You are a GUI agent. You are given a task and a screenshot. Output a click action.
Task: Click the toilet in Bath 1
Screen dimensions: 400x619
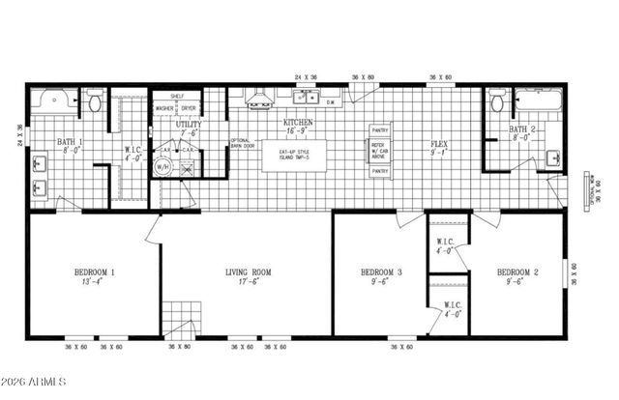[95, 101]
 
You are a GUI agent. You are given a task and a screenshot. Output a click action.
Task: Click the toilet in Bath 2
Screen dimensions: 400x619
[497, 101]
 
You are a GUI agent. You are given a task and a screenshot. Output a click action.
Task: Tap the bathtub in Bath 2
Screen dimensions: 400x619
[536, 100]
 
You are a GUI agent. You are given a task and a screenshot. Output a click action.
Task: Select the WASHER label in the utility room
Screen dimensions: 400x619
[164, 108]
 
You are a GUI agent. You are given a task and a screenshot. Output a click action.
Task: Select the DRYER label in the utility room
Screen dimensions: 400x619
[188, 108]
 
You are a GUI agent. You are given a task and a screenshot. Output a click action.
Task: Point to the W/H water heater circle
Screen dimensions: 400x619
[162, 167]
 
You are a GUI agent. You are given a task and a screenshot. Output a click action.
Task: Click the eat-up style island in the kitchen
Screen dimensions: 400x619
[293, 156]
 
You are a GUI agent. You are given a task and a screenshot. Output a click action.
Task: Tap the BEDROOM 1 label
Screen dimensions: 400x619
[95, 272]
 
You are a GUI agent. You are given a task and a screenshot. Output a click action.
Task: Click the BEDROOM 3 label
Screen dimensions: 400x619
[381, 272]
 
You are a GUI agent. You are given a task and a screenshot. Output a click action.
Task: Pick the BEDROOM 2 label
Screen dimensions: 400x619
[517, 272]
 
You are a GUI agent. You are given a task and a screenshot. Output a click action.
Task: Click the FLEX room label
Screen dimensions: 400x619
[439, 146]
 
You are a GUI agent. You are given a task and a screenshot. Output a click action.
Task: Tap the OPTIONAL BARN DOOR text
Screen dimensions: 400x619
[240, 145]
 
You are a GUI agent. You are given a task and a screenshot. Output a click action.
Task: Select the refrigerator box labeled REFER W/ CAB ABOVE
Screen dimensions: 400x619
[379, 150]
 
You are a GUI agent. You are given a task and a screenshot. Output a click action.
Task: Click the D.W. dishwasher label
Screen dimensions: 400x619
[330, 101]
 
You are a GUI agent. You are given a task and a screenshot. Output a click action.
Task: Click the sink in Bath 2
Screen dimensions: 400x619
[552, 157]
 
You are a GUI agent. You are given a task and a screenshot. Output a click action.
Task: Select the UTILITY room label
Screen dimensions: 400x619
[188, 127]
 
